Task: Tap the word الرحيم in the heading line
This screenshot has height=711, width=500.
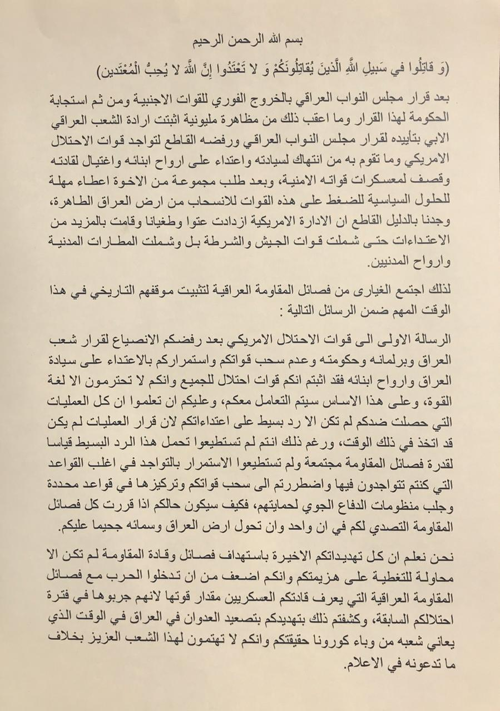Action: click(x=209, y=42)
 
